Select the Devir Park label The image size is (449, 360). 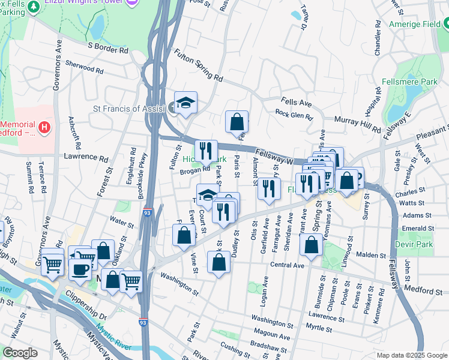tap(414, 245)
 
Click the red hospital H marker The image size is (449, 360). tap(43, 127)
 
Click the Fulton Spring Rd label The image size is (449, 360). tap(198, 66)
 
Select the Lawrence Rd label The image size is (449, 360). tap(85, 158)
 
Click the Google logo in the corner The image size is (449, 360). tap(20, 353)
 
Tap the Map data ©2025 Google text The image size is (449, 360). tap(411, 355)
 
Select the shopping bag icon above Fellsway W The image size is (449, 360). tap(237, 122)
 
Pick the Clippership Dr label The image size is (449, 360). tap(86, 307)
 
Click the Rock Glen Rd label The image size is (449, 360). tap(294, 115)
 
